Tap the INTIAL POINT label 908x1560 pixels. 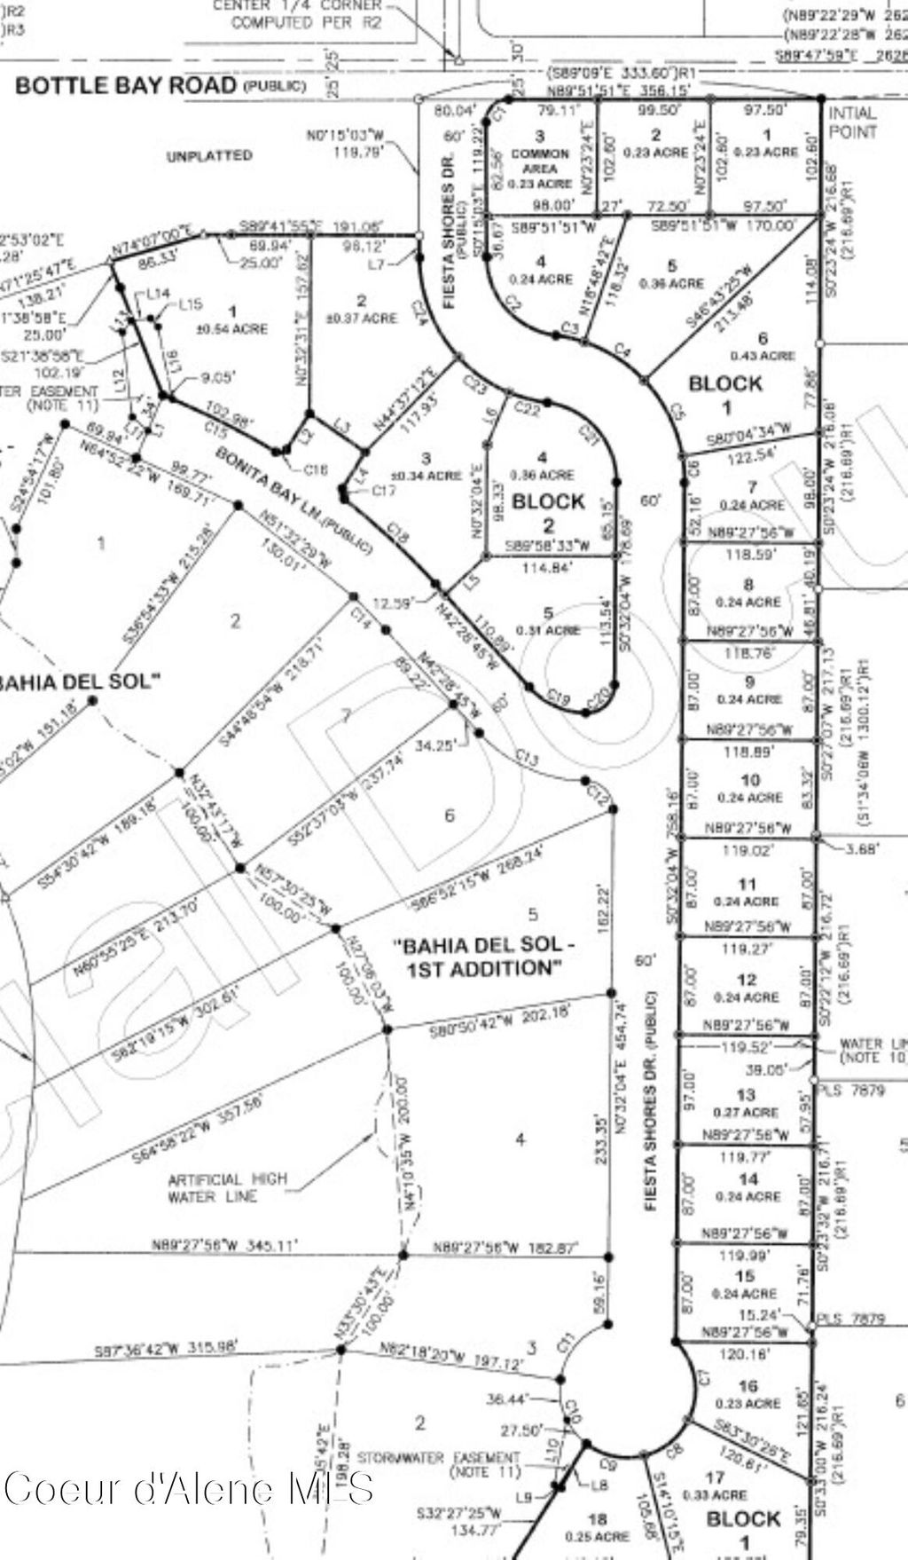coord(851,122)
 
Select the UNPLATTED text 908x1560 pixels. coord(209,155)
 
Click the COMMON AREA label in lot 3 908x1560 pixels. coord(540,161)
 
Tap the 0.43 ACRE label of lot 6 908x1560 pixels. coord(763,356)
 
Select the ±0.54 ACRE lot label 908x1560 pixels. coord(234,328)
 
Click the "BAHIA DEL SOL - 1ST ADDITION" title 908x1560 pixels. coord(484,957)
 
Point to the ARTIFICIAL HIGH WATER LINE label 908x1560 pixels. coord(228,1187)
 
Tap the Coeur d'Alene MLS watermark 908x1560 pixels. coord(188,1488)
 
